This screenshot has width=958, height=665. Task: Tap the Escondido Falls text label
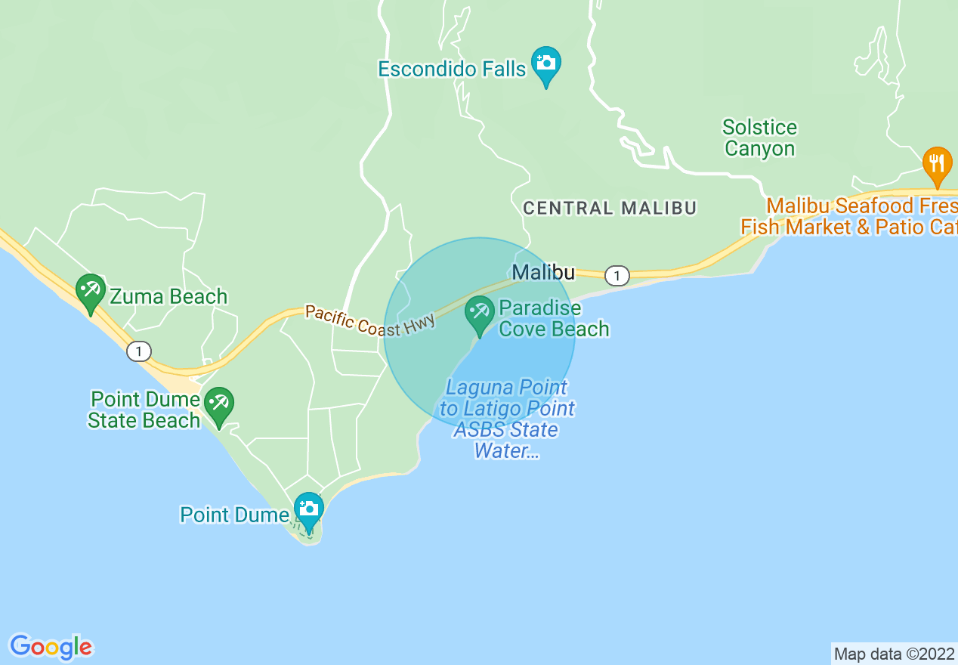[452, 70]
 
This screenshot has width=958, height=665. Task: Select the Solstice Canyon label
[759, 138]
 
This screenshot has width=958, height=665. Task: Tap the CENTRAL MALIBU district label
[610, 208]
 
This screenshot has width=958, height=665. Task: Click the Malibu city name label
[543, 272]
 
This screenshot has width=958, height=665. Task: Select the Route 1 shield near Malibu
[617, 276]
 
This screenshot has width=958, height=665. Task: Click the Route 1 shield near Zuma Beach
[138, 351]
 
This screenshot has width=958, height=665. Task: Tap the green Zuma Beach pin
[91, 291]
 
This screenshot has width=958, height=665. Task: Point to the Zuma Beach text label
[168, 296]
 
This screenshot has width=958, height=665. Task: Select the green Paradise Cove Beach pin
[479, 314]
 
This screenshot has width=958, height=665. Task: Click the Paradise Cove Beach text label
[553, 318]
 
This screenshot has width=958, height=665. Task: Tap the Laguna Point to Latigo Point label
[506, 419]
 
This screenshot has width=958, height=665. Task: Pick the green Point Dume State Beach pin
[219, 404]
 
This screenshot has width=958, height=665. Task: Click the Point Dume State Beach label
[144, 410]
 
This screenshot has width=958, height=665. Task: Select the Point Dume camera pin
[308, 509]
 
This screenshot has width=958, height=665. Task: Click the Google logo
[51, 647]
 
